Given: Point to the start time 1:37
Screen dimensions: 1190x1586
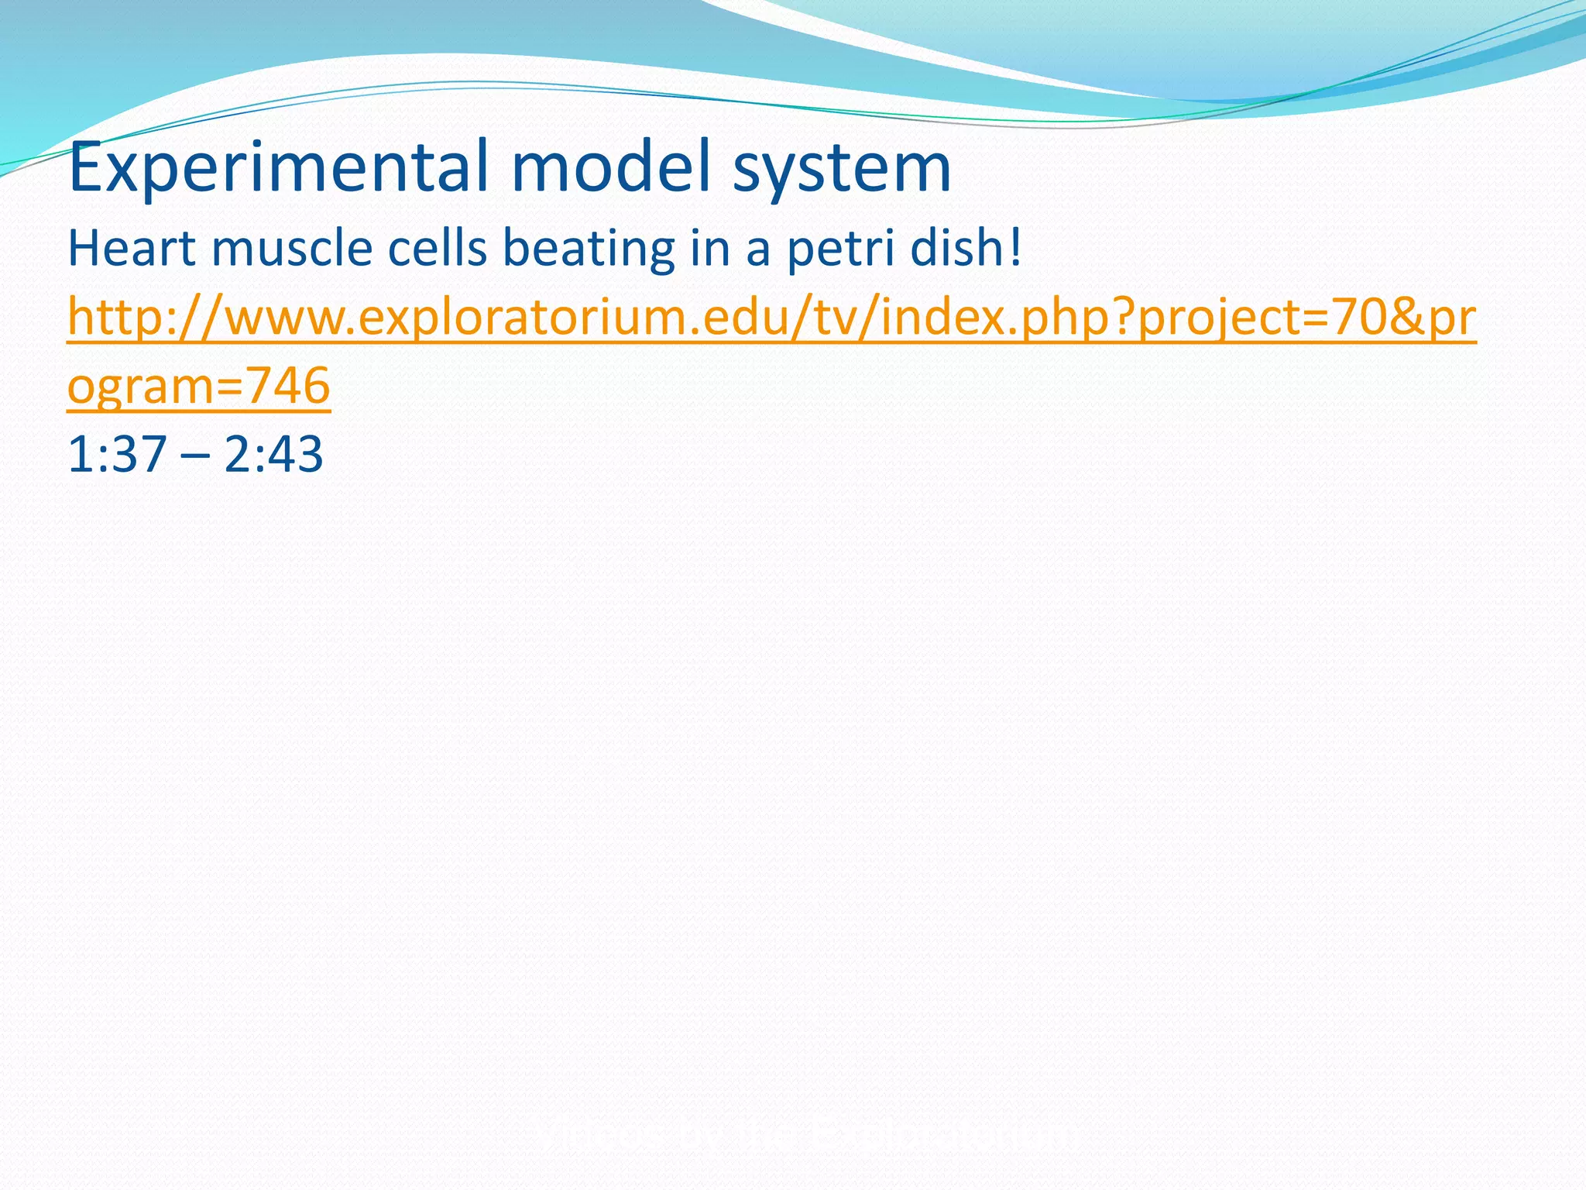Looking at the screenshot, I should pos(117,455).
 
